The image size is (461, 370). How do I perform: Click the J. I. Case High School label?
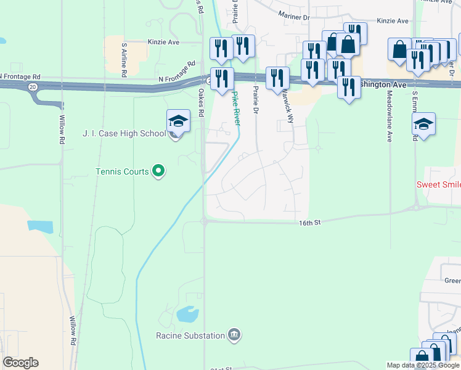(x=124, y=134)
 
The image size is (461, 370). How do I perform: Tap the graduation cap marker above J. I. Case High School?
(x=178, y=121)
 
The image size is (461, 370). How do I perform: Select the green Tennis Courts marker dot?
(x=158, y=171)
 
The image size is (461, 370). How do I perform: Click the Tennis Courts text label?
(x=122, y=171)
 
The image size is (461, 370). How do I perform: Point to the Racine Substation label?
(x=190, y=335)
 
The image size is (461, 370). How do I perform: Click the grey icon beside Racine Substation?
(x=234, y=335)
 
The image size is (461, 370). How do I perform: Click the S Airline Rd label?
(x=124, y=59)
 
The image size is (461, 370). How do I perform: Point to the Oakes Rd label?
(x=201, y=102)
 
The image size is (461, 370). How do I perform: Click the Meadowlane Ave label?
(x=390, y=117)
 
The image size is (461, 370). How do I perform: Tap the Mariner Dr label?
(x=293, y=15)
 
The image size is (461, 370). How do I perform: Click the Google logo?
(x=20, y=363)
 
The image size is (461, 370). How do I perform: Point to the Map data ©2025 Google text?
(x=422, y=365)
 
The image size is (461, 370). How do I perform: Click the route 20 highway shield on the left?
(x=31, y=88)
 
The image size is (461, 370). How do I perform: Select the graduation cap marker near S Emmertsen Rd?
(x=423, y=124)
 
